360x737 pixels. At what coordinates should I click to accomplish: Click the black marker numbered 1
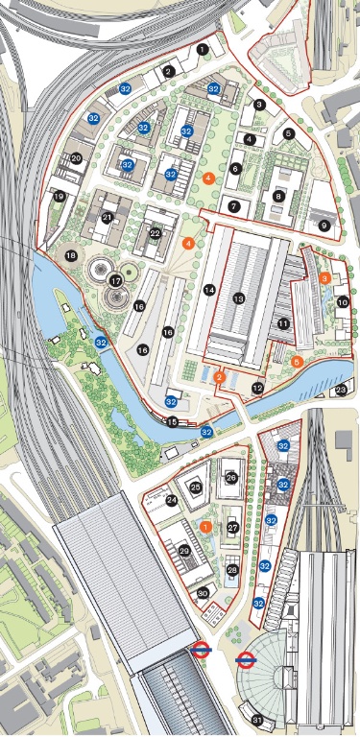coord(203,48)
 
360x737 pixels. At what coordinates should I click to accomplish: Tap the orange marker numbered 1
coord(206,527)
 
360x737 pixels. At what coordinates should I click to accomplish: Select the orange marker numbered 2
coord(220,378)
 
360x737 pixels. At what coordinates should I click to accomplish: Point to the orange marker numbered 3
coord(325,277)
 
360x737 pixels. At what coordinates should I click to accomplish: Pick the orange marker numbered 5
coord(297,362)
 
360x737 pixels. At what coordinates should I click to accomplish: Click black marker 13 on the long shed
coord(239,299)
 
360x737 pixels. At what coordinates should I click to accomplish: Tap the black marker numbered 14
coord(208,289)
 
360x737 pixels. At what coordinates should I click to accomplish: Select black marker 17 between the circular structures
coord(116,281)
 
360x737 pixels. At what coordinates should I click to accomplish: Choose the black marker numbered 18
coord(70,255)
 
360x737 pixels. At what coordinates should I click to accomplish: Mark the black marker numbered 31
coord(256,720)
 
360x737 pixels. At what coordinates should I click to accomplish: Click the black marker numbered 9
coord(324,226)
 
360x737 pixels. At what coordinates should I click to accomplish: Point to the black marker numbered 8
coord(278,196)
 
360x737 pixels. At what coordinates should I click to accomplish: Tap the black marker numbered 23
coord(342,390)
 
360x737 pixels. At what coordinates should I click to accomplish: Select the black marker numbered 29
coord(184,550)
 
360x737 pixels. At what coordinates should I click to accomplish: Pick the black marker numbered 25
coord(196,487)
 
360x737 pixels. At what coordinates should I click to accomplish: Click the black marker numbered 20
coord(76,158)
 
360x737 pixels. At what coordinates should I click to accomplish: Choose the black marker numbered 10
coord(342,302)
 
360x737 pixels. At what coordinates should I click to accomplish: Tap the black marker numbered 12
coord(256,388)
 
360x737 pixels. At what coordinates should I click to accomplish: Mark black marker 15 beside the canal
coord(173,421)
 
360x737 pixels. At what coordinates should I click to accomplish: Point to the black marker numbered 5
coord(288,134)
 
